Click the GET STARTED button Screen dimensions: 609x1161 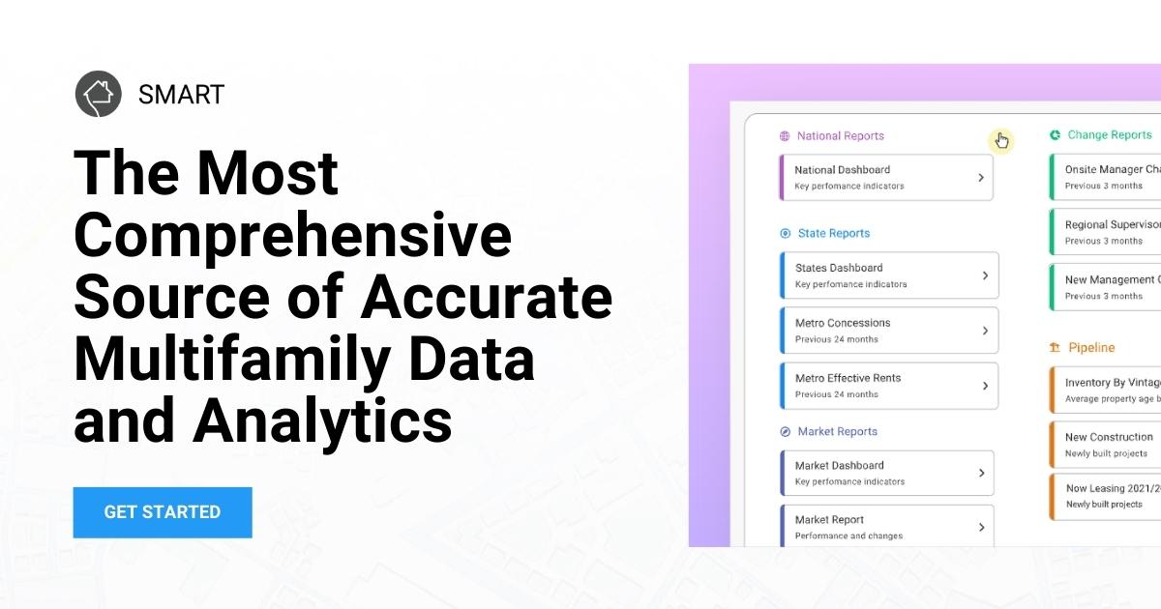(163, 512)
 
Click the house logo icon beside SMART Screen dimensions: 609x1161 (99, 94)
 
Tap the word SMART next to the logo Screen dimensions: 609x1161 (181, 95)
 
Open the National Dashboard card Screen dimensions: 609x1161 (886, 177)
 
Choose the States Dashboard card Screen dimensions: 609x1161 (888, 275)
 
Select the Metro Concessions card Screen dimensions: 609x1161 (888, 331)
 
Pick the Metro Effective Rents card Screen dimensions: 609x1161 (888, 386)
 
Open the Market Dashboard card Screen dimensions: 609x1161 (886, 473)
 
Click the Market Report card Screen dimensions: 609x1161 (886, 527)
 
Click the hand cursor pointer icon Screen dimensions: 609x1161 (1001, 141)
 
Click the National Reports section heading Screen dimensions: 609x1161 (840, 136)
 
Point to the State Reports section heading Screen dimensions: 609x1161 (833, 233)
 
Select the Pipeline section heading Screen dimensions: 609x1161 (1091, 347)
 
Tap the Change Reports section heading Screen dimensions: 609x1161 (1109, 135)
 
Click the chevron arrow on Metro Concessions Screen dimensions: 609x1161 (985, 331)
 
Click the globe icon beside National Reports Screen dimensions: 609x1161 (785, 136)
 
